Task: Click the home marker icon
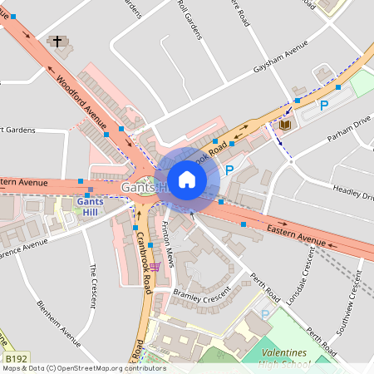[x=187, y=179]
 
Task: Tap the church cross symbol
[x=57, y=41]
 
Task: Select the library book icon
[x=286, y=125]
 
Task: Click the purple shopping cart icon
[x=155, y=268]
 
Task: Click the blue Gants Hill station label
[x=87, y=206]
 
